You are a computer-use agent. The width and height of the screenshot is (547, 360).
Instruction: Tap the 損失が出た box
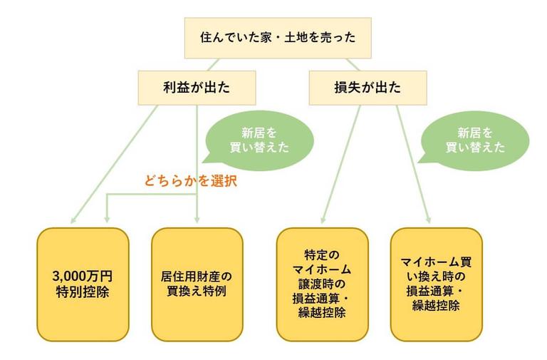click(x=367, y=88)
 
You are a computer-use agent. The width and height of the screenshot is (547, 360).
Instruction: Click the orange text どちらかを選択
click(x=190, y=181)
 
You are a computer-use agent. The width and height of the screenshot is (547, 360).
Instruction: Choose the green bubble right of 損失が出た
click(x=475, y=140)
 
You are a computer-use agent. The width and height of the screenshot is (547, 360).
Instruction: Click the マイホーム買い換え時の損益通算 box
click(x=437, y=284)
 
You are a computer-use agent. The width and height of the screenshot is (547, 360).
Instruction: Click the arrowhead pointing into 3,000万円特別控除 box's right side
click(x=107, y=217)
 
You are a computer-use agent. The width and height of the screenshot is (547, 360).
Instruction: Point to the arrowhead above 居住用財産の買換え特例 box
click(x=197, y=219)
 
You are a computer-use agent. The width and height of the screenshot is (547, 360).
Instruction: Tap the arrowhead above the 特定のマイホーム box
click(x=321, y=220)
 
